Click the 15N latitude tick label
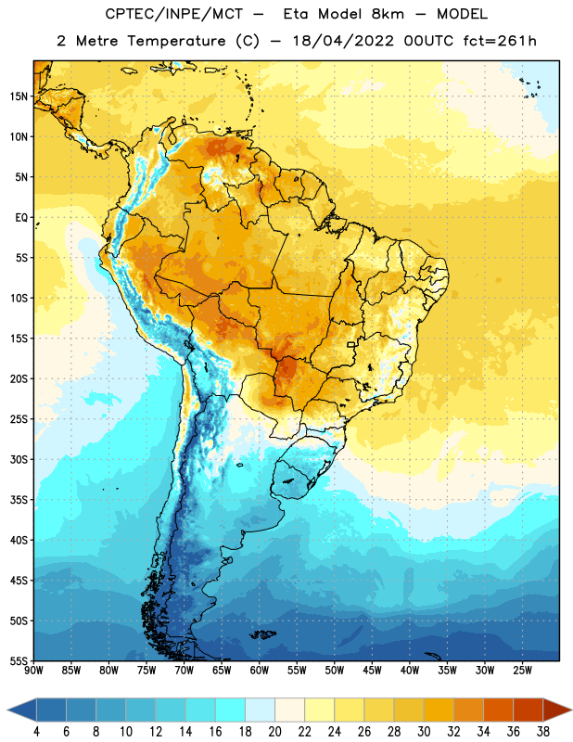pyautogui.click(x=19, y=96)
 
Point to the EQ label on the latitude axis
pyautogui.click(x=21, y=218)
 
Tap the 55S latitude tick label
pyautogui.click(x=19, y=660)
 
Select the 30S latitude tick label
pyautogui.click(x=19, y=459)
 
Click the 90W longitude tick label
pyautogui.click(x=33, y=671)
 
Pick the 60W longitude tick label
pyautogui.click(x=260, y=671)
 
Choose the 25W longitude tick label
pyautogui.click(x=522, y=671)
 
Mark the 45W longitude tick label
pyautogui.click(x=373, y=671)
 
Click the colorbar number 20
pyautogui.click(x=274, y=732)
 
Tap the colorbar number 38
pyautogui.click(x=542, y=732)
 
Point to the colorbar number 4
pyautogui.click(x=36, y=732)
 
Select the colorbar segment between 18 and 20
pyautogui.click(x=261, y=710)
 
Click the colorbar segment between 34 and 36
pyautogui.click(x=498, y=710)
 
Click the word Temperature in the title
pyautogui.click(x=176, y=41)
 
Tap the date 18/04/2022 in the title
pyautogui.click(x=343, y=41)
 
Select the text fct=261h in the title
pyautogui.click(x=500, y=41)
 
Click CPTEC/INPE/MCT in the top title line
pyautogui.click(x=174, y=14)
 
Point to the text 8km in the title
pyautogui.click(x=388, y=14)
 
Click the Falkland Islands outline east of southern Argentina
pyautogui.click(x=263, y=634)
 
